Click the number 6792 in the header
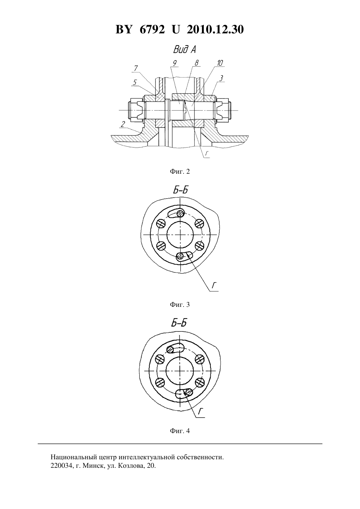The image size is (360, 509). pos(152,29)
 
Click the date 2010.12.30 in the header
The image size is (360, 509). pos(215,29)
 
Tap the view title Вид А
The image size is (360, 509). pos(185,49)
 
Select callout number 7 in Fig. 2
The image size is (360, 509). pos(136,68)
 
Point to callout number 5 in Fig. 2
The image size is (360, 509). pos(135,82)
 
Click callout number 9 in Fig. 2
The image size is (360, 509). pos(174,63)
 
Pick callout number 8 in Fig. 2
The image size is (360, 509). pos(197,63)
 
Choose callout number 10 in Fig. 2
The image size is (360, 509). pos(220,63)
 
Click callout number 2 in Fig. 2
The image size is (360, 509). pos(123,124)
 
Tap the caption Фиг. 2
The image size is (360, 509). pos(180,171)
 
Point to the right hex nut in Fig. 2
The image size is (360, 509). pos(224,110)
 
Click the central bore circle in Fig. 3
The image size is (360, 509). pos(180,221)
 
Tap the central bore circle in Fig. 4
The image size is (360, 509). pos(180,357)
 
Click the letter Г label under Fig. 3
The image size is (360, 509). pos(214,286)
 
